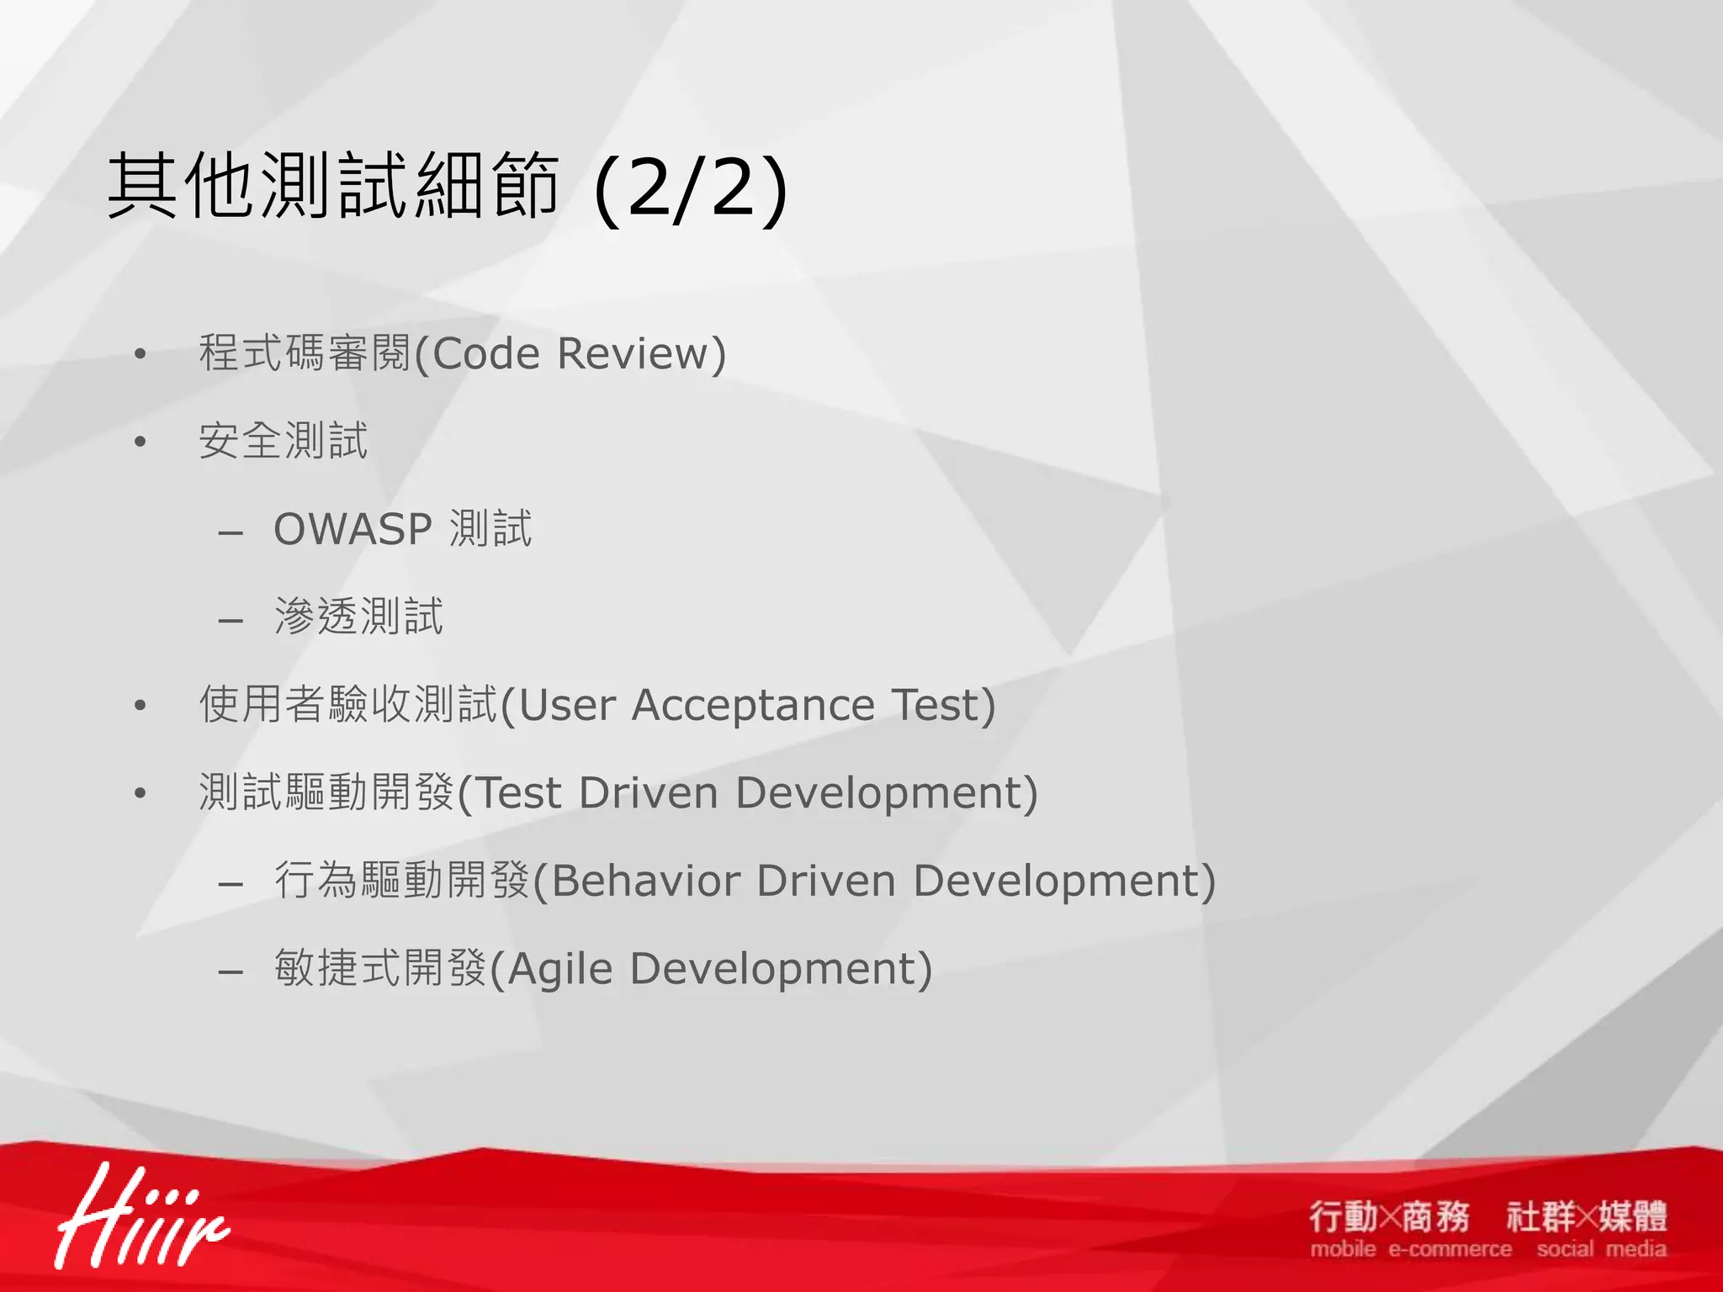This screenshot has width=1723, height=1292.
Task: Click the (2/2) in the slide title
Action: pyautogui.click(x=691, y=190)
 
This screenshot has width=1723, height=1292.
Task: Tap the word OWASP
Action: pyautogui.click(x=353, y=530)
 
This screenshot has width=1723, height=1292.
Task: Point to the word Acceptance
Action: pyautogui.click(x=752, y=705)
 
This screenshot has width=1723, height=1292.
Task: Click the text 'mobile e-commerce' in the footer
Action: pyautogui.click(x=1410, y=1250)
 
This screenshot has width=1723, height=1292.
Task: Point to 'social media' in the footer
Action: pyautogui.click(x=1601, y=1250)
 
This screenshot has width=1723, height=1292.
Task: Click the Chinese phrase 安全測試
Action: pyautogui.click(x=284, y=442)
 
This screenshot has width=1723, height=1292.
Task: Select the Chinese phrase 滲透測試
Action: pyautogui.click(x=359, y=617)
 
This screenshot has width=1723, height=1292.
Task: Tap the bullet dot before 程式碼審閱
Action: pyautogui.click(x=140, y=354)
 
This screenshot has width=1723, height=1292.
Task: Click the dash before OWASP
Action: pyautogui.click(x=231, y=533)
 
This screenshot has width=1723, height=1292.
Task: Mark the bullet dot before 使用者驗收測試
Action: pyautogui.click(x=140, y=706)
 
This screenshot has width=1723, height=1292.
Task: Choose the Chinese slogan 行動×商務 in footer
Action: pyautogui.click(x=1389, y=1216)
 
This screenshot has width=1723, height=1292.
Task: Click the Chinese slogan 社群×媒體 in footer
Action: pyautogui.click(x=1587, y=1216)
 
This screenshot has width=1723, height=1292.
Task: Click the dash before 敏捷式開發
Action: pyautogui.click(x=231, y=972)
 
